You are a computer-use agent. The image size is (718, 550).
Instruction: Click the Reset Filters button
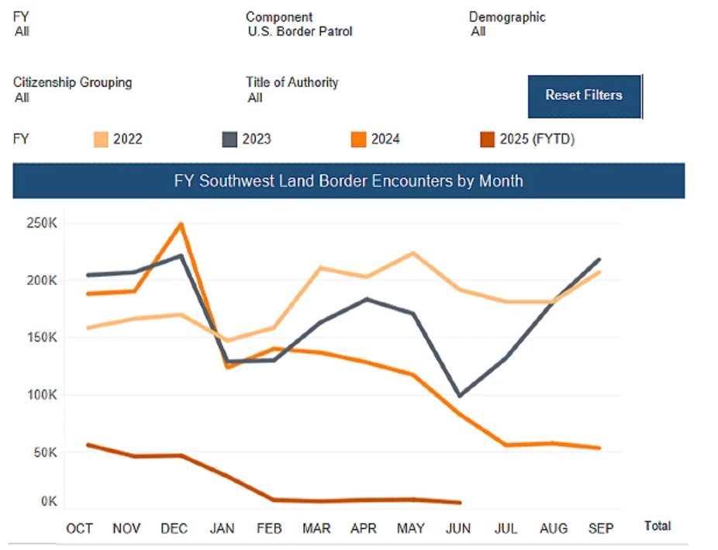tap(584, 95)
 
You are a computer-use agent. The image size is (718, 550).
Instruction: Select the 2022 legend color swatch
tap(101, 140)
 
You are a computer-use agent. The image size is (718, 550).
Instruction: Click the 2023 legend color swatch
tap(230, 140)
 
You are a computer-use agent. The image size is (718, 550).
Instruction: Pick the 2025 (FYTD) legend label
tap(537, 140)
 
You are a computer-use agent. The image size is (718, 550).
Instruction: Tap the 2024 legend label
tap(385, 140)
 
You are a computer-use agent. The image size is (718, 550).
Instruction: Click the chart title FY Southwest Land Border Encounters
tap(348, 181)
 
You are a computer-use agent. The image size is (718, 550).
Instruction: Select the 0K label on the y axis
tap(49, 502)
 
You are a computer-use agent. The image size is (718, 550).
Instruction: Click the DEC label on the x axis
tap(174, 529)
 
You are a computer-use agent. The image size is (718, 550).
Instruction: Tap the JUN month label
tap(458, 529)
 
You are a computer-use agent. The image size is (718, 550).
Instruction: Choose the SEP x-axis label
tap(601, 529)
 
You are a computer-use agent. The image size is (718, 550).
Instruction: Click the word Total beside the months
tap(658, 526)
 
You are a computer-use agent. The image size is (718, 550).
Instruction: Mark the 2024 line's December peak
tap(181, 224)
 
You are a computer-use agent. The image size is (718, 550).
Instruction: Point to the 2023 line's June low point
tap(460, 396)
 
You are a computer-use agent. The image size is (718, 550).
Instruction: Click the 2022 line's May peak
tap(413, 253)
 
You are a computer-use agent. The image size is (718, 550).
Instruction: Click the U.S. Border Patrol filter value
tap(300, 32)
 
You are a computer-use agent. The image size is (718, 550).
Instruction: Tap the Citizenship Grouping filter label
tap(72, 82)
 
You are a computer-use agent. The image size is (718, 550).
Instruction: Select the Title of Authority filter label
tap(292, 82)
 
